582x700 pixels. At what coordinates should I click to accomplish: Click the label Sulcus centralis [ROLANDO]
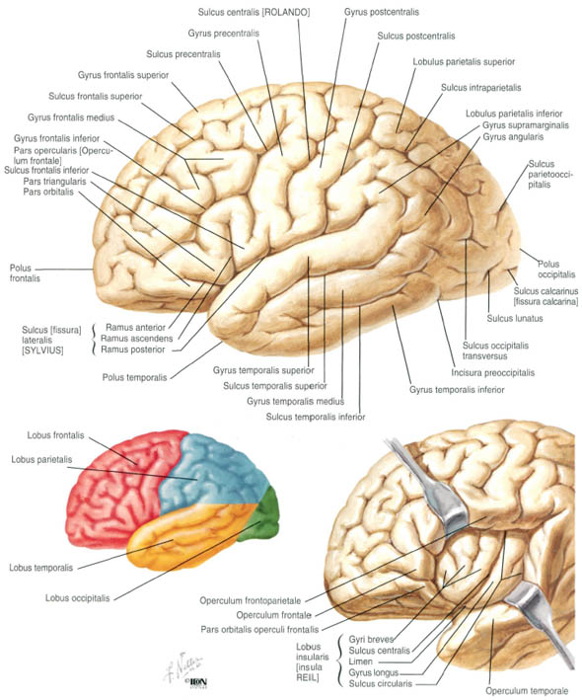point(254,12)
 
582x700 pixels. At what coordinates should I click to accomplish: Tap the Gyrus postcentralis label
point(382,12)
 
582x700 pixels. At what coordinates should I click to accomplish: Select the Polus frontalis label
point(25,272)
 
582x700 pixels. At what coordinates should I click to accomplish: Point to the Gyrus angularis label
point(513,136)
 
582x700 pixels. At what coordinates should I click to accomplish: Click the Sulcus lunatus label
point(515,318)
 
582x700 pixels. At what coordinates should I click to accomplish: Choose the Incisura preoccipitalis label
point(492,372)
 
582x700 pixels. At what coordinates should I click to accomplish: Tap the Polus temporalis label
point(134,377)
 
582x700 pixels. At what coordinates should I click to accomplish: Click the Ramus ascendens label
point(136,339)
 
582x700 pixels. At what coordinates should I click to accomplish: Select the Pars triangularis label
point(55,182)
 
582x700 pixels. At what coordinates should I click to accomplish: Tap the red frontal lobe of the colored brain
point(120,482)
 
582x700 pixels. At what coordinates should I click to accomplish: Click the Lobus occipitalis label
point(77,597)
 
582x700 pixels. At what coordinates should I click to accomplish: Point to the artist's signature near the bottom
point(183,666)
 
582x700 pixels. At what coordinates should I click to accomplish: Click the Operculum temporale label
point(527,691)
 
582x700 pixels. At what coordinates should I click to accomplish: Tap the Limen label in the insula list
point(360,661)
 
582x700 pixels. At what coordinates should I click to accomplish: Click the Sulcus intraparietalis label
point(480,88)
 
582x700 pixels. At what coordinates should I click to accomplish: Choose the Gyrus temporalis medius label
point(295,401)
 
